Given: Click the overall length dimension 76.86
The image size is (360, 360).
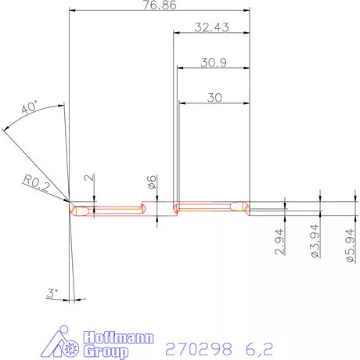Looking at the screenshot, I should pos(159,5).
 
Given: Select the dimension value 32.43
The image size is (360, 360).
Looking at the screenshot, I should pos(211,27).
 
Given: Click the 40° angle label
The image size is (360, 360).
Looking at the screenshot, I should pos(31,110).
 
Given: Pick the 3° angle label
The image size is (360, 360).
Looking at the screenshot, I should pos(52,293).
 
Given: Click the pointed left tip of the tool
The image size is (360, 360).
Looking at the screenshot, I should pos(70,208).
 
